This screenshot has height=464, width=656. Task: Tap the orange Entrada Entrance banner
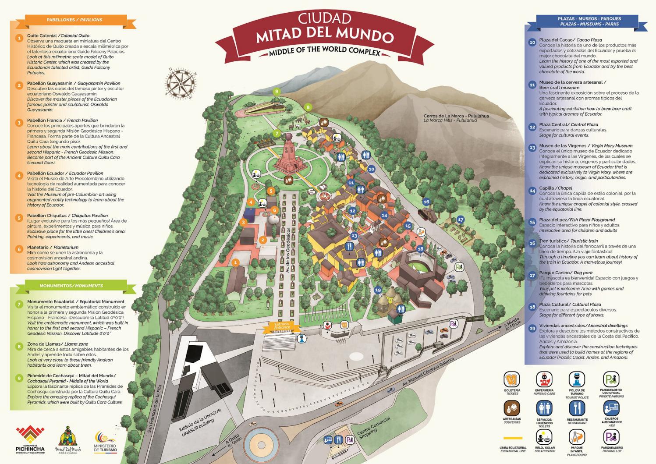(x=282, y=326)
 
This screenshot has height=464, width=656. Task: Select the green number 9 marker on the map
(x=277, y=92)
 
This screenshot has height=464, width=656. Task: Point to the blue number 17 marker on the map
(x=460, y=220)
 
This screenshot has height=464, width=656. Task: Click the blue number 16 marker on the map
(x=426, y=202)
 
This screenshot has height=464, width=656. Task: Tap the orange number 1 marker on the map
(x=236, y=262)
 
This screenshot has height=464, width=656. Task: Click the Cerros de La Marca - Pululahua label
(x=456, y=118)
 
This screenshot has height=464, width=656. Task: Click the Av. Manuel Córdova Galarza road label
(x=428, y=372)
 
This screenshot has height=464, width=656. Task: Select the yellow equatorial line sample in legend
(x=513, y=437)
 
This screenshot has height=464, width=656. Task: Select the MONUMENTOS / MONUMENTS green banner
(x=71, y=286)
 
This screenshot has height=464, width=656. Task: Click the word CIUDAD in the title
(x=324, y=18)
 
